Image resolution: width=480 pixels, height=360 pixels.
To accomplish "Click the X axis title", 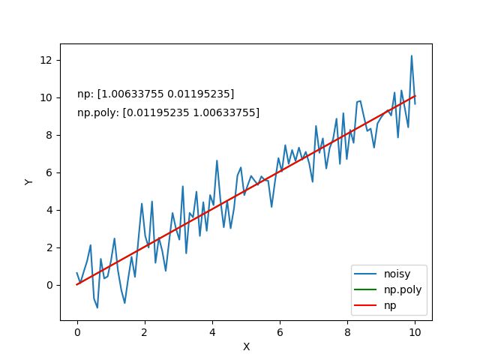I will pos(246,347).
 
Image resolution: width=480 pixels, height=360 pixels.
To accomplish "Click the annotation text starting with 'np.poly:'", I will pos(169,112).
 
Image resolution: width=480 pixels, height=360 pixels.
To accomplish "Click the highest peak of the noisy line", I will pos(412,55).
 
